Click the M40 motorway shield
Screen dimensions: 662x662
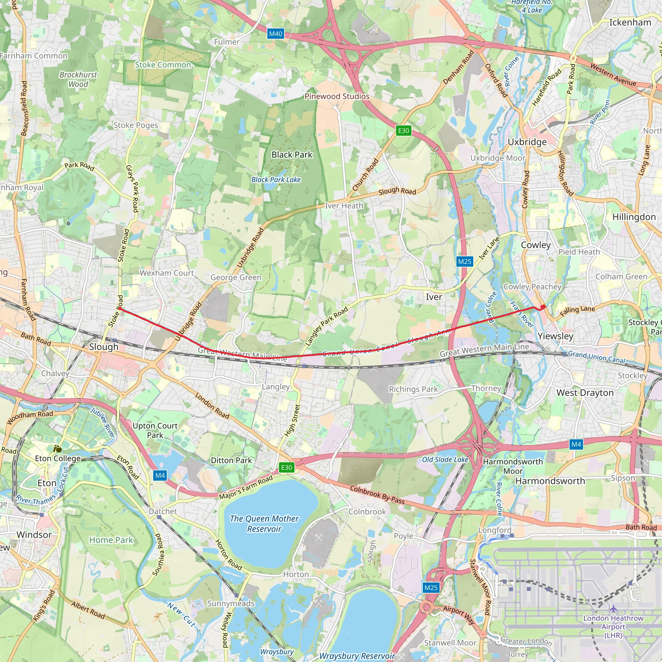(x=275, y=34)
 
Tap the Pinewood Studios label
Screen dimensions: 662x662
(x=337, y=97)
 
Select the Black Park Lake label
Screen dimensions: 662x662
(x=276, y=179)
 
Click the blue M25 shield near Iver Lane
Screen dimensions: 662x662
(x=464, y=262)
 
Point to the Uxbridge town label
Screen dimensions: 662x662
(x=527, y=142)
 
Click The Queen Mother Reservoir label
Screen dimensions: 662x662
(x=264, y=524)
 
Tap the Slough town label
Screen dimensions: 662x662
(x=103, y=347)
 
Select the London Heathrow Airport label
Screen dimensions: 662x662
(x=613, y=627)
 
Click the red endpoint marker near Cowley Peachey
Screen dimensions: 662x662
(x=543, y=307)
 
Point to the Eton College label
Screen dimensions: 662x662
(x=58, y=458)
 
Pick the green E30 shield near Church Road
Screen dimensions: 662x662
(x=403, y=131)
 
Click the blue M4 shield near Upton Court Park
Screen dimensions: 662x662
(x=160, y=475)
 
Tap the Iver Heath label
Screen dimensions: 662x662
(x=344, y=206)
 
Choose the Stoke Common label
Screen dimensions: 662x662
(x=163, y=65)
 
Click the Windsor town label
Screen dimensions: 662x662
(x=34, y=535)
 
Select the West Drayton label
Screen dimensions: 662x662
(x=585, y=393)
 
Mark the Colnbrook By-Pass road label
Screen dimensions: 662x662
(x=377, y=495)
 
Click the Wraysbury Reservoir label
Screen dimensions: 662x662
(x=357, y=656)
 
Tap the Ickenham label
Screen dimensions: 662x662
(x=630, y=23)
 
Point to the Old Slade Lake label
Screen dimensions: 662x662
(x=445, y=460)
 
